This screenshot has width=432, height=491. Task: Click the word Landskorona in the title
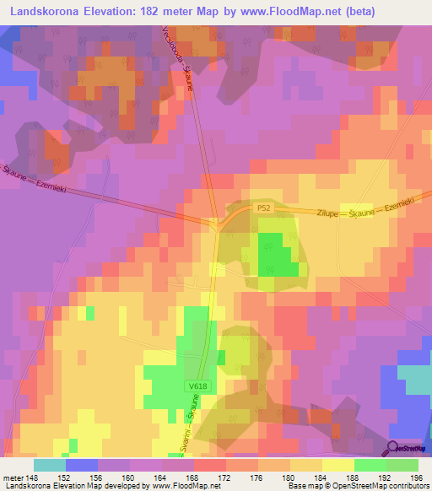point(47,11)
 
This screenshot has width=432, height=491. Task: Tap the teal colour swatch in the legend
point(50,465)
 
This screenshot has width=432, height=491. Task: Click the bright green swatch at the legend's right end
point(402,465)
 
